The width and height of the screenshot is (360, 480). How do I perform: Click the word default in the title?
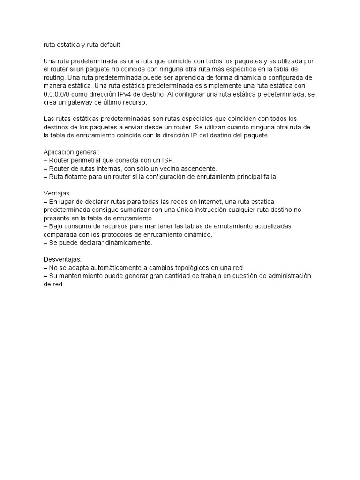click(x=109, y=45)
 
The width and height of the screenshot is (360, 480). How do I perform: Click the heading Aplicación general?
click(x=72, y=152)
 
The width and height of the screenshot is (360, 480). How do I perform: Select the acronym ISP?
click(x=166, y=160)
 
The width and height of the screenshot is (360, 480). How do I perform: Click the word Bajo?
click(x=57, y=226)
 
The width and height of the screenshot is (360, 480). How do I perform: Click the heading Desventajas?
click(x=62, y=259)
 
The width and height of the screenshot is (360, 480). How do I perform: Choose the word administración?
click(x=287, y=276)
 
